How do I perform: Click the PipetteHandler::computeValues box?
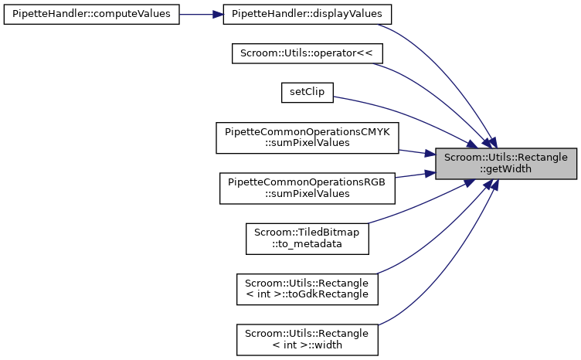click(x=91, y=15)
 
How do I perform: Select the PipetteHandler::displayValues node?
click(x=307, y=15)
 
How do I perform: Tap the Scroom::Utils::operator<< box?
click(x=307, y=53)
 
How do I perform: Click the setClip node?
click(x=307, y=92)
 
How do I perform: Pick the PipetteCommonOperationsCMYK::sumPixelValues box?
click(x=307, y=138)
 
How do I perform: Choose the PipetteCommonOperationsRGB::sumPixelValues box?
click(x=307, y=188)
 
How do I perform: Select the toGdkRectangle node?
click(x=307, y=288)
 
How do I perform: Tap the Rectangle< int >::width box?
click(x=307, y=338)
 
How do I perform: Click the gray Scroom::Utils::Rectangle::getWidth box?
click(x=506, y=163)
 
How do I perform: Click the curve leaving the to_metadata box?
click(x=417, y=209)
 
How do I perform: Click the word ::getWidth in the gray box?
click(x=506, y=169)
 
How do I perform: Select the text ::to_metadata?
click(x=307, y=244)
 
